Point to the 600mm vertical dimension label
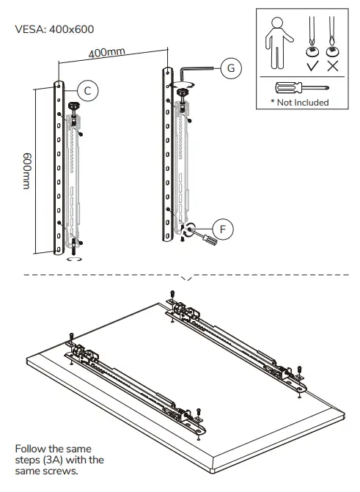point(27,170)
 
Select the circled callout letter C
point(87,90)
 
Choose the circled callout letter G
point(230,68)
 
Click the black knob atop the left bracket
point(73,108)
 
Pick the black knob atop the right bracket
point(182,92)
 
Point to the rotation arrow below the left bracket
point(71,258)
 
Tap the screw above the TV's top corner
point(172,293)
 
